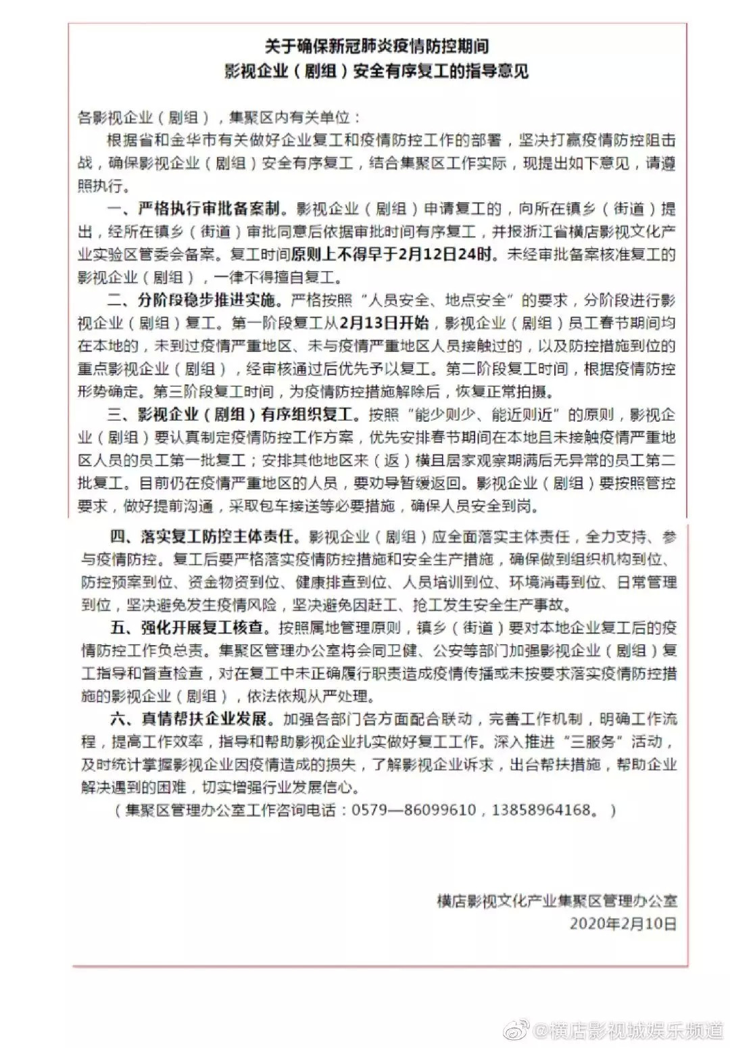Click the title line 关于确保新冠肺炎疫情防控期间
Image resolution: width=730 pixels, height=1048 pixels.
(376, 46)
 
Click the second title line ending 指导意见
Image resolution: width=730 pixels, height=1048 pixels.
(376, 71)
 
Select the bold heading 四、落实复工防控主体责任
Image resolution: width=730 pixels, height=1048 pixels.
(203, 536)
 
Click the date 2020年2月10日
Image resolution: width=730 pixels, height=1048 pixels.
(623, 923)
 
